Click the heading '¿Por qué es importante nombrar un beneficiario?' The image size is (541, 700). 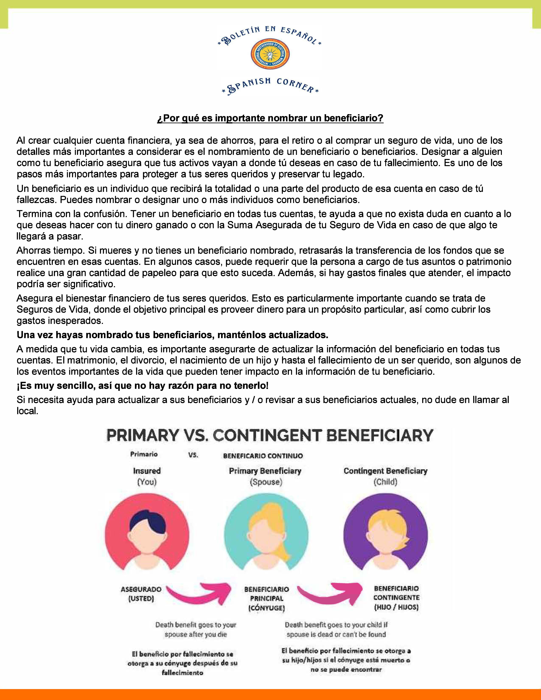(x=270, y=118)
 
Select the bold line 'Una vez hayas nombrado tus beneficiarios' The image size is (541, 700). (x=172, y=335)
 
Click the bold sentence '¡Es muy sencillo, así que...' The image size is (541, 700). (x=143, y=386)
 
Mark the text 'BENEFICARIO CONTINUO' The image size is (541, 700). (x=263, y=456)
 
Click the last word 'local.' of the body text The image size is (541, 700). (x=28, y=411)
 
